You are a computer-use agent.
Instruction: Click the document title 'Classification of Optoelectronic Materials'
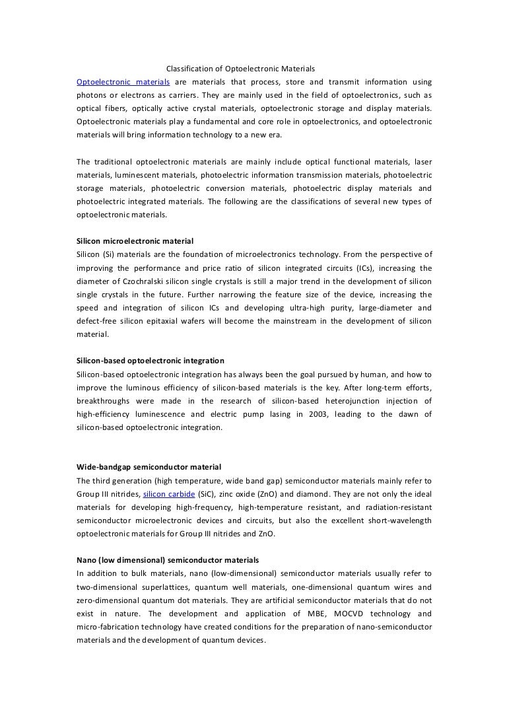click(x=240, y=69)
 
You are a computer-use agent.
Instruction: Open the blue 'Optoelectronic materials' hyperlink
click(x=123, y=82)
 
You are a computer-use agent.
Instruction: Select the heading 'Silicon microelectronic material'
click(x=135, y=241)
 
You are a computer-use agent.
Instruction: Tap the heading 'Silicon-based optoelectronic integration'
click(x=151, y=361)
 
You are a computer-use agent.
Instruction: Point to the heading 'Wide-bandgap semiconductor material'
click(x=149, y=467)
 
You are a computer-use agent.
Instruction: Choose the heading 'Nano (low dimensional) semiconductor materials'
click(x=168, y=560)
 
